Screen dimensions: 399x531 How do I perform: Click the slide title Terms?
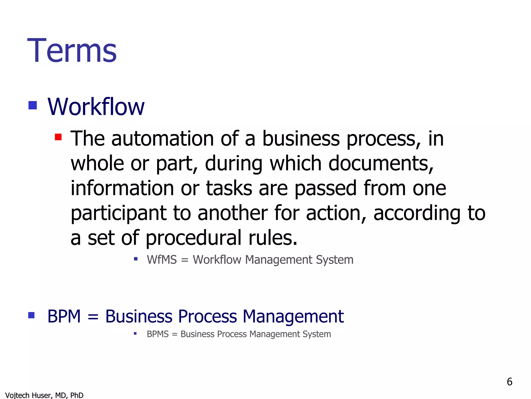point(72,50)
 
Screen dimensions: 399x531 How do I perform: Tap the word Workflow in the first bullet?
point(96,107)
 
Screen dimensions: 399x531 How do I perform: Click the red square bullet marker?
point(58,137)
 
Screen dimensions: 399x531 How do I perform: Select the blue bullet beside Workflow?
point(33,105)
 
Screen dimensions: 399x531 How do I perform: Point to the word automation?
point(163,139)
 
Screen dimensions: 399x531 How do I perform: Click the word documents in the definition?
point(381,163)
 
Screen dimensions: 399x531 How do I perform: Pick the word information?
point(122,188)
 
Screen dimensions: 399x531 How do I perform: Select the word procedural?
point(193,238)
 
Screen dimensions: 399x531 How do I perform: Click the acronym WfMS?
point(162,260)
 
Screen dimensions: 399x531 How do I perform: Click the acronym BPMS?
point(158,334)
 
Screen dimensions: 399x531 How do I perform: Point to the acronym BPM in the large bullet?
point(64,316)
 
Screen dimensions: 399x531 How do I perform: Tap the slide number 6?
point(509,382)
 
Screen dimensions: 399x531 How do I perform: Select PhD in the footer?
point(77,395)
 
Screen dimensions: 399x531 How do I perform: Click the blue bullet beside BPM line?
point(31,315)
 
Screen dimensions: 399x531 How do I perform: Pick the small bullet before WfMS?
point(136,259)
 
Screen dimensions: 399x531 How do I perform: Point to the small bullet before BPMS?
point(135,333)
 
